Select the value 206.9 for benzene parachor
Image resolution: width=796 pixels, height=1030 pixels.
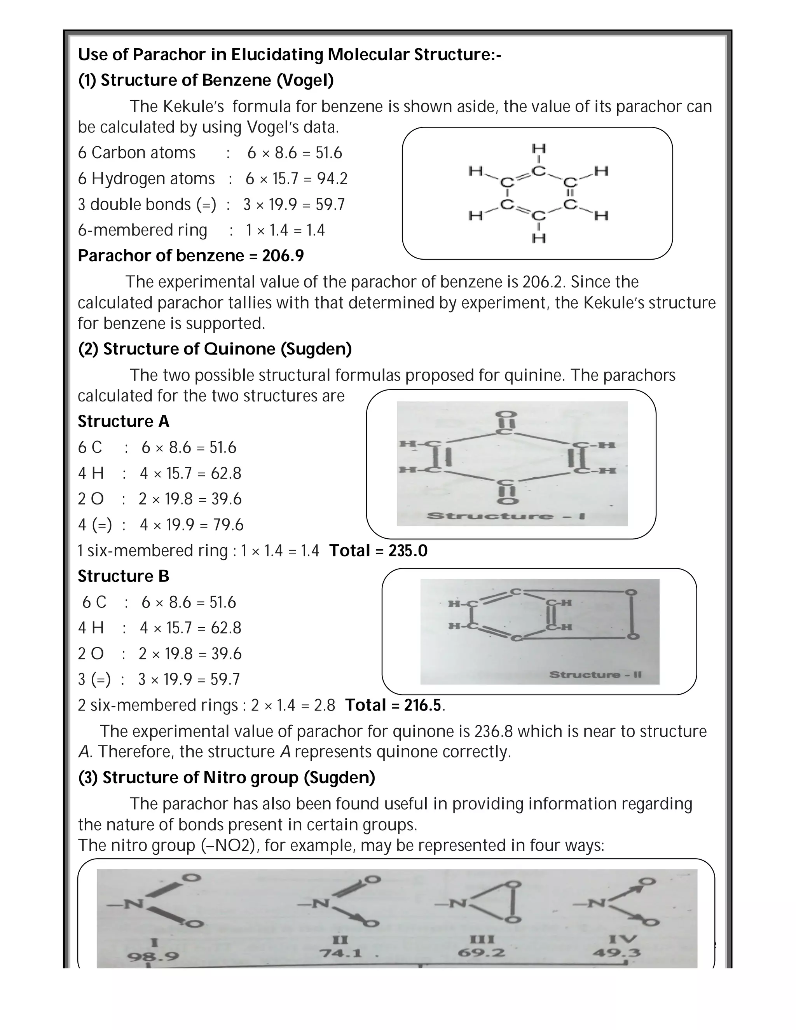point(283,256)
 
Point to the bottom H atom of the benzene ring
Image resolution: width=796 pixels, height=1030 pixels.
point(539,238)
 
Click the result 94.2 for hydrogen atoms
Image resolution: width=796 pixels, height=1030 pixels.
point(332,179)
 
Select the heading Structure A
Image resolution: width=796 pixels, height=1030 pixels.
point(123,422)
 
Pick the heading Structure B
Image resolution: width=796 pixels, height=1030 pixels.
point(123,576)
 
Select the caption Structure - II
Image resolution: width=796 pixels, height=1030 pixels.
point(595,674)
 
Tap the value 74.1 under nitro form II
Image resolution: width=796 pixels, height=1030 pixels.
point(340,953)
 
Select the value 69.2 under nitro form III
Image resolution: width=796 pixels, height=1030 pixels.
point(481,953)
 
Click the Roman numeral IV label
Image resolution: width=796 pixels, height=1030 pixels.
point(623,939)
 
